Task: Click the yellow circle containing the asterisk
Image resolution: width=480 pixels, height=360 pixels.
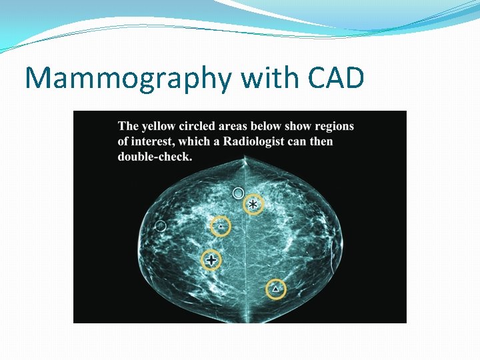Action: click(x=253, y=205)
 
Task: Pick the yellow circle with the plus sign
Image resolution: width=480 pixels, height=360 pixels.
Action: click(x=211, y=260)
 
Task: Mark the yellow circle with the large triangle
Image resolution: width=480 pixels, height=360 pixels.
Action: click(x=276, y=289)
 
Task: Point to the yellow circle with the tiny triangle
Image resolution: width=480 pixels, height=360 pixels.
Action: click(x=221, y=227)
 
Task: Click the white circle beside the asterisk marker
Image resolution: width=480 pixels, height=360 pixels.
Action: click(x=238, y=193)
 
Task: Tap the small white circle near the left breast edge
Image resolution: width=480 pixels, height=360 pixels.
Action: click(x=161, y=226)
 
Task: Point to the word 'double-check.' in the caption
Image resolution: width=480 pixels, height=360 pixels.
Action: click(x=155, y=157)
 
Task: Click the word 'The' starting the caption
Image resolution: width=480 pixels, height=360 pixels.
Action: click(x=129, y=126)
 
